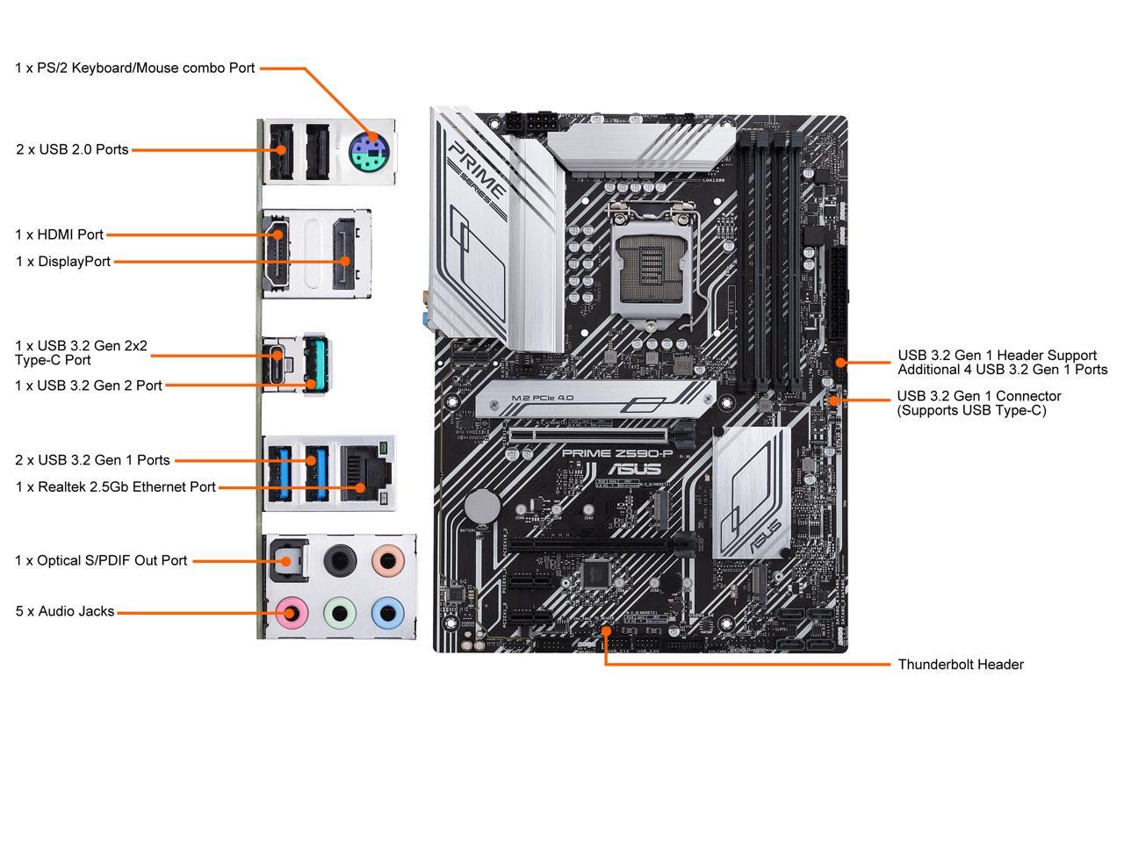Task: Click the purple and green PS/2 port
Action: tap(368, 153)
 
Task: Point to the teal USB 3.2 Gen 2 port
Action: tap(314, 363)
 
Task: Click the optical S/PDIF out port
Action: tap(286, 558)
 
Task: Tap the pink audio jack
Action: tap(290, 611)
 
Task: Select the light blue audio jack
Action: tap(385, 611)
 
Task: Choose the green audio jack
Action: tap(338, 611)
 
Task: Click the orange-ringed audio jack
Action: tap(385, 558)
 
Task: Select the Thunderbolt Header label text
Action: tap(960, 665)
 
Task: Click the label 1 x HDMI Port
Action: tap(59, 234)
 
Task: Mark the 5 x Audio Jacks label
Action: tap(64, 611)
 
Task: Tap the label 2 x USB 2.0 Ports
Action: tap(72, 149)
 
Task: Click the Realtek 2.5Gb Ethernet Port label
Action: tap(115, 486)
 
